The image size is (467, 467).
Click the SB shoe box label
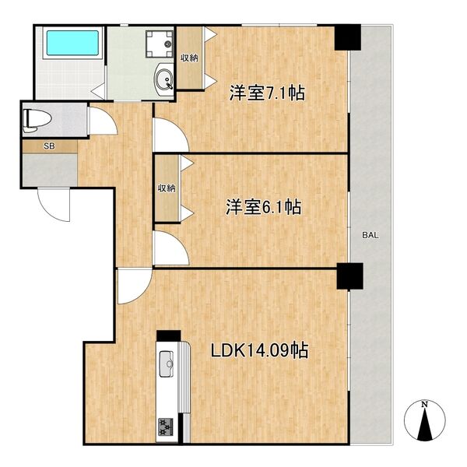tap(49, 146)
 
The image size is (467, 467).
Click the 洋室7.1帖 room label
tap(266, 93)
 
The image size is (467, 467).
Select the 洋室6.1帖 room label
tap(264, 207)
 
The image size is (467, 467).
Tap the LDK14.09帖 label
tap(260, 350)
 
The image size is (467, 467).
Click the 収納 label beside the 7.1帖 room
tap(188, 58)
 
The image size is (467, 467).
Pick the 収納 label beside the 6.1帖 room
tap(167, 188)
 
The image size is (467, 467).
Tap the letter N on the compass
tap(424, 405)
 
